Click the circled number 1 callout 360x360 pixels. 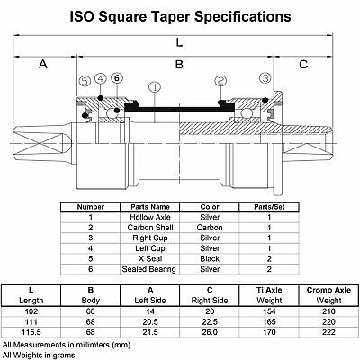coord(155,87)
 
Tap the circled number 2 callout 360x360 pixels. coord(220,80)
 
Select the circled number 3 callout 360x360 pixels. coord(265,78)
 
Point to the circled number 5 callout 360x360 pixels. coord(85,81)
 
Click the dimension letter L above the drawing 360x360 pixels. coord(179,42)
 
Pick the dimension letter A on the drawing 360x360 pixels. coord(43,64)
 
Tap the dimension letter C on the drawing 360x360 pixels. coord(303,64)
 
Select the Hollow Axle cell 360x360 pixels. coord(150,217)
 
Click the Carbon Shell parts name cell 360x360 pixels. coord(150,228)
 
